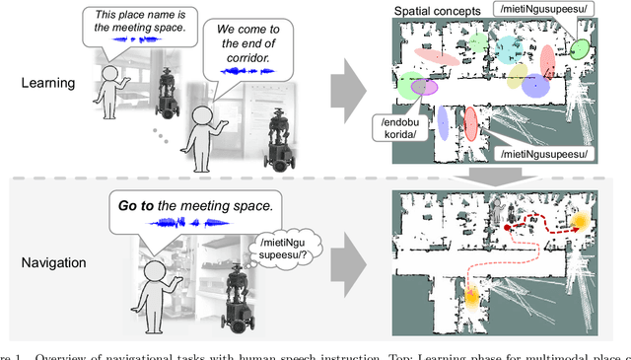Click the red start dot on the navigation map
click(x=507, y=228)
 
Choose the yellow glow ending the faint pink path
click(x=472, y=296)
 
